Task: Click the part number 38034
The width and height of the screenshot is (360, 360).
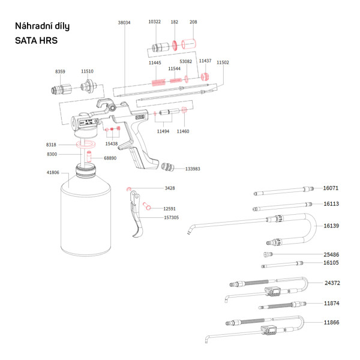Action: tap(124, 22)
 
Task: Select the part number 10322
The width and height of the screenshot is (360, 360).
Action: tap(154, 22)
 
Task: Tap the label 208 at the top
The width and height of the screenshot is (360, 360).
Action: tap(193, 22)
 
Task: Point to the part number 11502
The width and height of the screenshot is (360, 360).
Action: tap(223, 62)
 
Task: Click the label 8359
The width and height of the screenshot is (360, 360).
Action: tap(60, 71)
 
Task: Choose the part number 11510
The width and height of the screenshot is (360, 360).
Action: tap(87, 71)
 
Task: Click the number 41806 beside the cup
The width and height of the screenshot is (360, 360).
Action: tap(53, 173)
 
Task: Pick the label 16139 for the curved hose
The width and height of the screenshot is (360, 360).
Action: tap(331, 226)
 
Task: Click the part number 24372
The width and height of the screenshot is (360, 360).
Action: tap(332, 283)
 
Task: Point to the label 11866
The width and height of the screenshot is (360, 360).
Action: tap(331, 322)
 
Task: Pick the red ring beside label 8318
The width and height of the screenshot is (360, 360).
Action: tap(87, 145)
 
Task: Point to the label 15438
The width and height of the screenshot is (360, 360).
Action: tap(112, 144)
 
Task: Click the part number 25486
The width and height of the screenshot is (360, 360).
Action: tap(331, 254)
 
